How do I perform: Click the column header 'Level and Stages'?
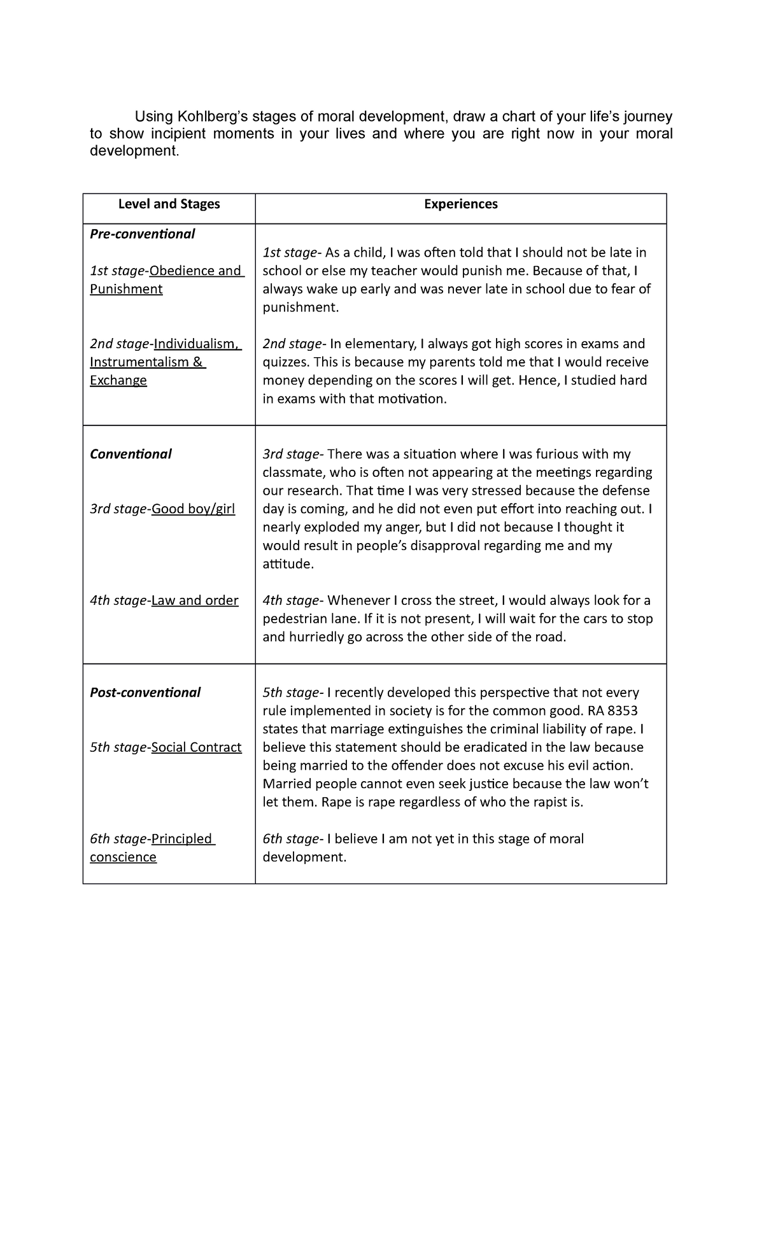tap(169, 204)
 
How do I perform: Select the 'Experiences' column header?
tap(460, 204)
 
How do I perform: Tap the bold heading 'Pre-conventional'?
tap(142, 234)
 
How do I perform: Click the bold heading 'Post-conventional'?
tap(145, 693)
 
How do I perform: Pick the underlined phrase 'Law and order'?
tap(195, 601)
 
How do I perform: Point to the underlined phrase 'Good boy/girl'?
tap(193, 509)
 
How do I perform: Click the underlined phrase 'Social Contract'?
tap(196, 748)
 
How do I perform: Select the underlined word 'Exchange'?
tap(118, 381)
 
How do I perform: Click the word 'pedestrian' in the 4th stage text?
tap(294, 619)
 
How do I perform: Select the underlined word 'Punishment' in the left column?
tap(126, 290)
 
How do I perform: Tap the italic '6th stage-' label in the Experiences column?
tap(292, 840)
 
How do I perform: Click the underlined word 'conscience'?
tap(123, 858)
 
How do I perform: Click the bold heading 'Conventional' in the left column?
tap(131, 455)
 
